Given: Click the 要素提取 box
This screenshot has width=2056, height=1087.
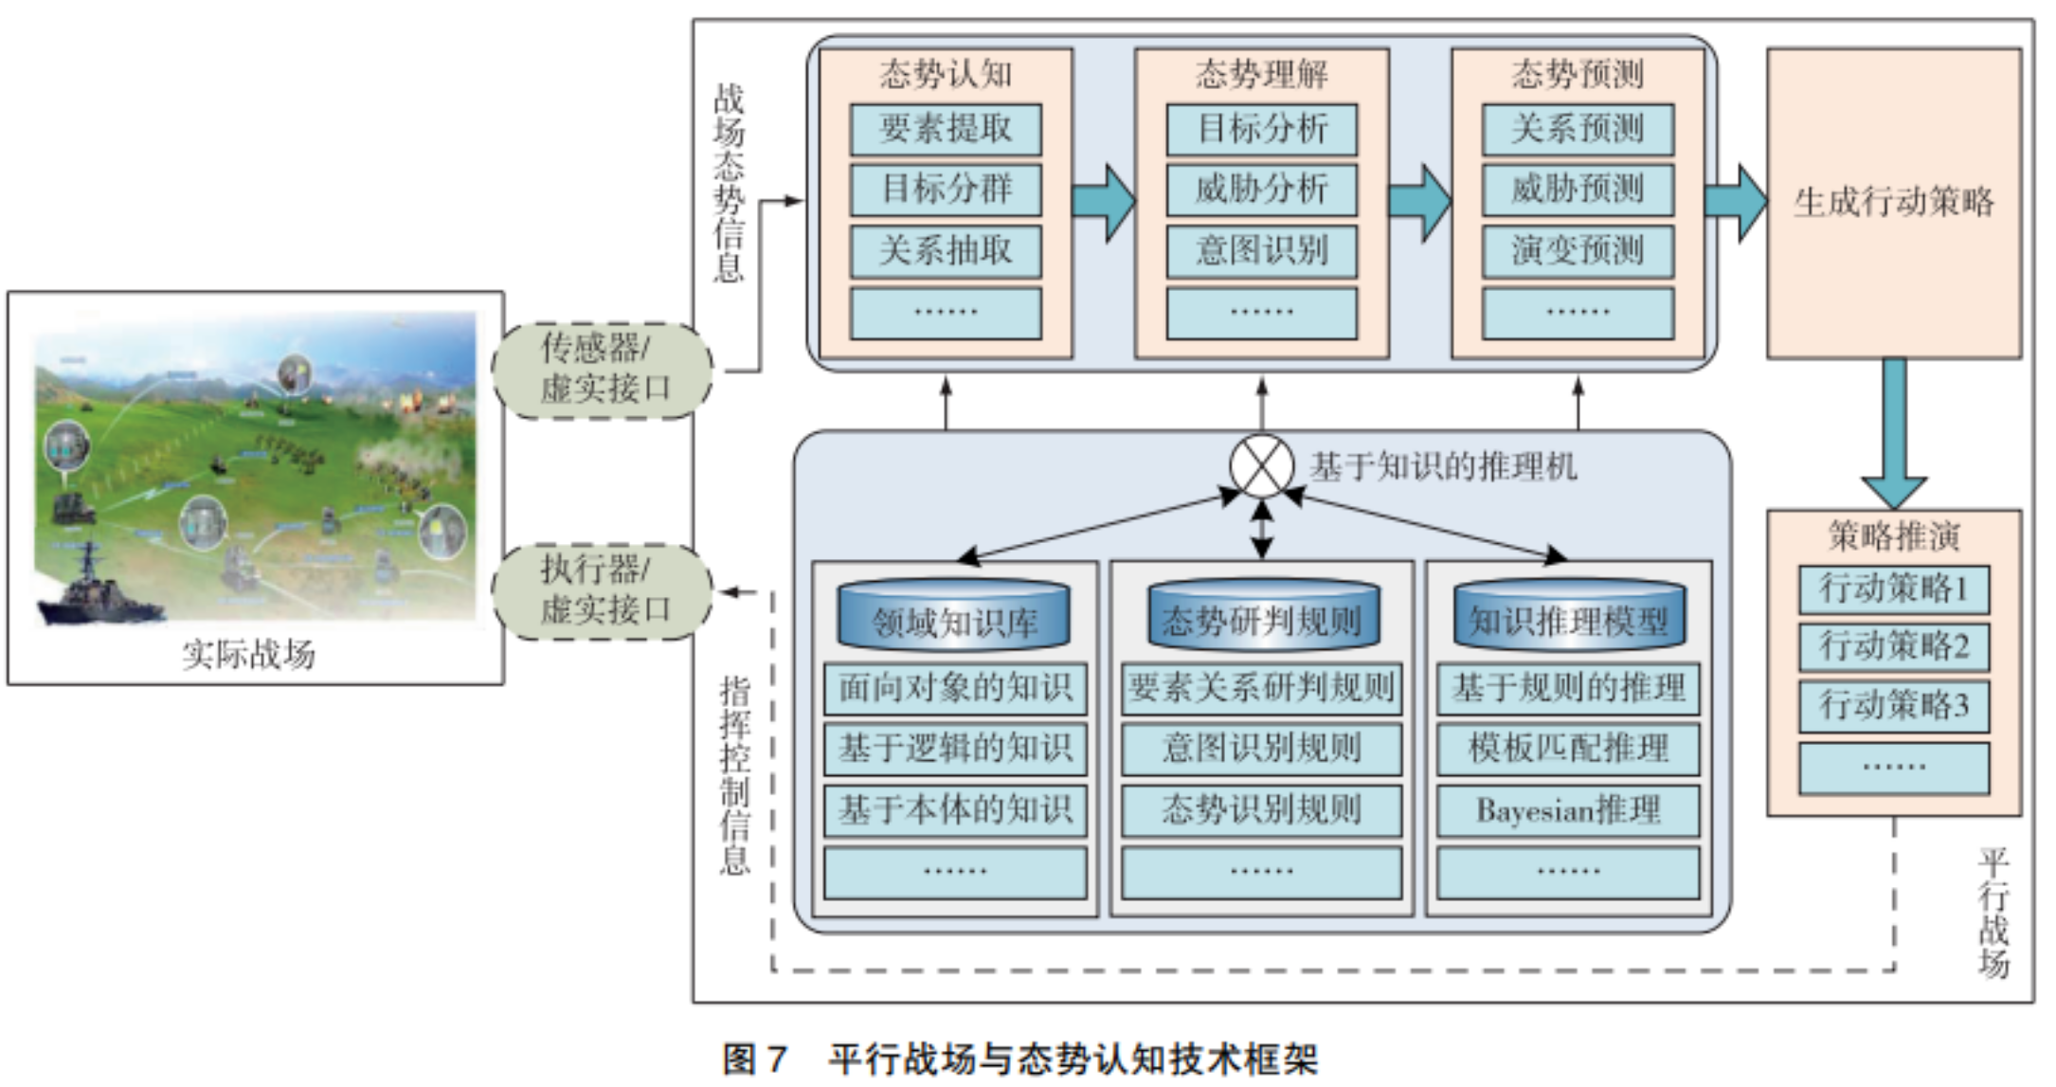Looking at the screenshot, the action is (x=946, y=130).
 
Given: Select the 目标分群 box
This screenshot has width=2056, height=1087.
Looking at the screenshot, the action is (x=946, y=190).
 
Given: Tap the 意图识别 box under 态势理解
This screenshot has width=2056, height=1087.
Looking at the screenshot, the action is (x=1262, y=251).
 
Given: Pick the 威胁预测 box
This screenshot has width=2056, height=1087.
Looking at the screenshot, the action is (x=1578, y=190).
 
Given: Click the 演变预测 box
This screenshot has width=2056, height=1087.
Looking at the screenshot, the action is (x=1578, y=251).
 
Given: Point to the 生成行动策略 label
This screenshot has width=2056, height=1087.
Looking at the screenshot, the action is (x=1894, y=202).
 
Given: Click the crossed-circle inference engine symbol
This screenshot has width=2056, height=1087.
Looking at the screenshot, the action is (x=1262, y=466).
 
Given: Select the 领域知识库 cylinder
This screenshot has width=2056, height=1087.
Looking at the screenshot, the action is (x=954, y=616).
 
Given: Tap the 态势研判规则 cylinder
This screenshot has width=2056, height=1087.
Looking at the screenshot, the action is (x=1262, y=616).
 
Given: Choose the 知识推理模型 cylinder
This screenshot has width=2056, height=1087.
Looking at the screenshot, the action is (x=1569, y=616).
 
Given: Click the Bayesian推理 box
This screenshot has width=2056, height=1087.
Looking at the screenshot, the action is (x=1568, y=810).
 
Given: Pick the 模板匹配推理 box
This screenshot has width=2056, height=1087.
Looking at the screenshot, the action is (x=1568, y=749).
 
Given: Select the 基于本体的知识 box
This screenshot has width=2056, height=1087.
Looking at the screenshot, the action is (x=955, y=810).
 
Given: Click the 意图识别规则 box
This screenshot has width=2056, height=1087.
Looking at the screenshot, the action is (x=1262, y=749).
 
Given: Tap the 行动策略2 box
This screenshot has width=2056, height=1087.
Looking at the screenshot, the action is (x=1894, y=647).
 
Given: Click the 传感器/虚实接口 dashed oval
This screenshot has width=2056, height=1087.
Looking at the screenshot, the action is (x=603, y=371).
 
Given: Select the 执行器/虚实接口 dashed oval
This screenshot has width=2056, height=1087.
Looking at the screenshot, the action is (x=603, y=591).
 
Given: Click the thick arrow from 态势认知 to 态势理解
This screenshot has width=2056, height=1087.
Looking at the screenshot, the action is (x=1104, y=202).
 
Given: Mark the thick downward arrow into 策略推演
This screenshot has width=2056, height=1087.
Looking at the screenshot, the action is (x=1894, y=434).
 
